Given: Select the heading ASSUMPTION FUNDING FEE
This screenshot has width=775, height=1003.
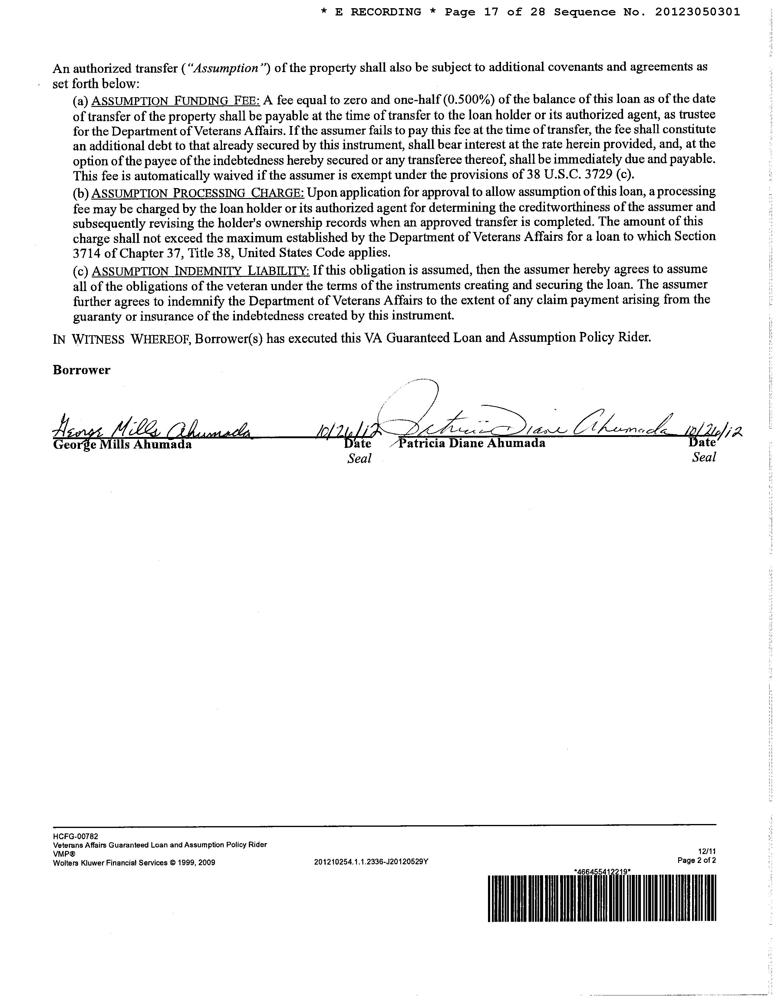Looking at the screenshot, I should point(176,100).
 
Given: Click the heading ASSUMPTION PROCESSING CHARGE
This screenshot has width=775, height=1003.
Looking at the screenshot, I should point(198,192).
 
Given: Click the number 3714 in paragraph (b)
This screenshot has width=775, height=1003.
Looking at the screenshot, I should point(87,253).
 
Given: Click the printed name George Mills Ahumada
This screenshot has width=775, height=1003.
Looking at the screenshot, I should point(122,445).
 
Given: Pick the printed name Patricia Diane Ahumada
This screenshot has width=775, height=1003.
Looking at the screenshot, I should point(472,443).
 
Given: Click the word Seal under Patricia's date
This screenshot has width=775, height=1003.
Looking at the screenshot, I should point(704,457).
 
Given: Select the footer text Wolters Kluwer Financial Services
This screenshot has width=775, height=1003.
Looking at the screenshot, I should point(110,862).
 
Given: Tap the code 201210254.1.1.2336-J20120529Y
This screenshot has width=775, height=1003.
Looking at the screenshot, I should point(371,862).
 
